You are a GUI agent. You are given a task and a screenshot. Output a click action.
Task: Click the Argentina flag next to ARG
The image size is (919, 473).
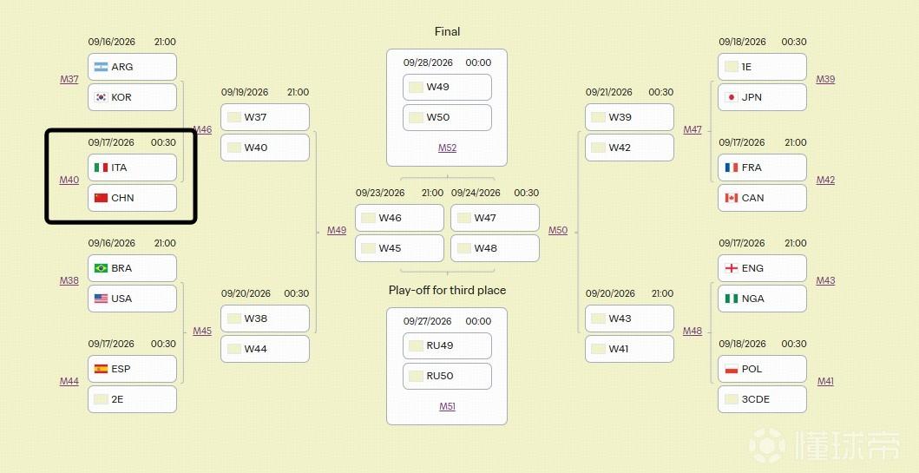pos(101,67)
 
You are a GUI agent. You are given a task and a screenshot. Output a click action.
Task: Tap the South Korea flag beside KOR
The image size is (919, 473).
pos(101,97)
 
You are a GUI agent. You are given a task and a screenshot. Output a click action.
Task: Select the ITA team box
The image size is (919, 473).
pos(133,168)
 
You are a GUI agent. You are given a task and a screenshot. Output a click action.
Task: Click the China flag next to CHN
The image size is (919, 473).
pos(101,198)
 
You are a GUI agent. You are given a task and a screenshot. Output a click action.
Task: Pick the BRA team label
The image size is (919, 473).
pos(121,268)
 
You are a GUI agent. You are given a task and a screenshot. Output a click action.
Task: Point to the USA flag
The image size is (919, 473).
pos(101,299)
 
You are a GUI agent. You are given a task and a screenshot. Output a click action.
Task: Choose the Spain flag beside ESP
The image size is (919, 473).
pos(101,369)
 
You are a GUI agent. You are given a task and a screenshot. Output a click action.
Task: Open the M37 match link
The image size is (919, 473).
pos(69,79)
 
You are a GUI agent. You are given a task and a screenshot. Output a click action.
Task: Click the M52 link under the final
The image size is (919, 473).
pos(447,148)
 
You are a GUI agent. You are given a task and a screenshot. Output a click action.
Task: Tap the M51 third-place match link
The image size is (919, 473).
pos(447,406)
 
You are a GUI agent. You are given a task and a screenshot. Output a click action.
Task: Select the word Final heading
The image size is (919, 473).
pos(447,31)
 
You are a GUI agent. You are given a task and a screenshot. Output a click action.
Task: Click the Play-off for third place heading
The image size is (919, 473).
pos(447,290)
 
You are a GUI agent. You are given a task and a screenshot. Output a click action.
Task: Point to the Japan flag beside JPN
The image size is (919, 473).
pos(731,97)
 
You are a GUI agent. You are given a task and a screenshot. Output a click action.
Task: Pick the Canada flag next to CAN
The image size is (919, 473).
pos(731,198)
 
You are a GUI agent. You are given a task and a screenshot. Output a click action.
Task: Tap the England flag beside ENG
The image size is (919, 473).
pos(731,268)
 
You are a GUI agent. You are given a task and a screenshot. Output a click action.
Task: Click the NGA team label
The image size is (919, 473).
pos(752,299)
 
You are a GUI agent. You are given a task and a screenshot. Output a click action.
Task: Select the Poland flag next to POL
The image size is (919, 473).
pos(731,369)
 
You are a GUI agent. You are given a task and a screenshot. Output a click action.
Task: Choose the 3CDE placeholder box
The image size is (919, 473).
pos(762,399)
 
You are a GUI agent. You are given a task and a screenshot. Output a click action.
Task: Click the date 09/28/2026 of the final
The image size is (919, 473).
pos(428,62)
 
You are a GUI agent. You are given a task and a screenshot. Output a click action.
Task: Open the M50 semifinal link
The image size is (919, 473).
pos(558,230)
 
